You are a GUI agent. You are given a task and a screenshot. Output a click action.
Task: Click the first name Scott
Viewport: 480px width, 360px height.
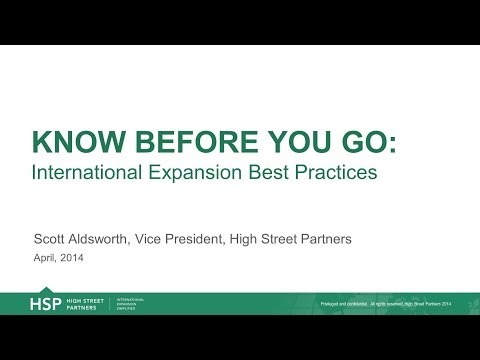52,240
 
